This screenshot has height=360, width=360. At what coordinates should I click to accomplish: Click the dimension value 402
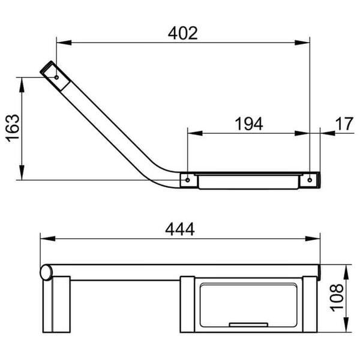183,32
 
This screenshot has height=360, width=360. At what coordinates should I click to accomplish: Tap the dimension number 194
248,124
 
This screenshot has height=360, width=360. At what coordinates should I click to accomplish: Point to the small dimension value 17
344,124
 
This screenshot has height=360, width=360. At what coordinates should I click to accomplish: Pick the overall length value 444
180,229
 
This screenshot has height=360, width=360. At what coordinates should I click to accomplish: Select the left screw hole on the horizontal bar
188,179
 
